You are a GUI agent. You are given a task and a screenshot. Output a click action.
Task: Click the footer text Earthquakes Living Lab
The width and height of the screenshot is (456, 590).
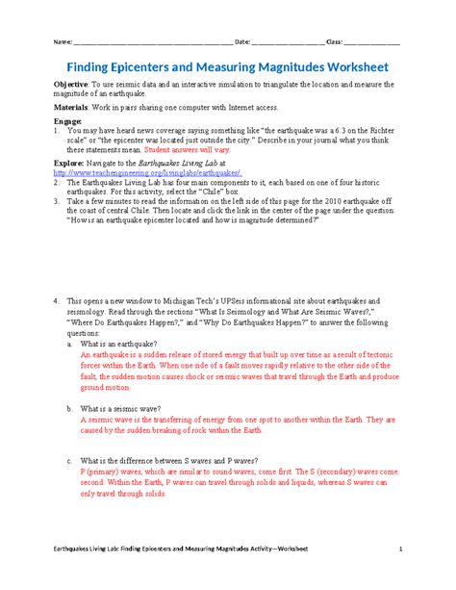[88, 550]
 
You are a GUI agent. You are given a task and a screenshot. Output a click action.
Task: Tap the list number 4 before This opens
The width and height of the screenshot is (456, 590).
[57, 300]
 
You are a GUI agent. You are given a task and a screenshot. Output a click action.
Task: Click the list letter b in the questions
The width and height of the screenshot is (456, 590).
[69, 408]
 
